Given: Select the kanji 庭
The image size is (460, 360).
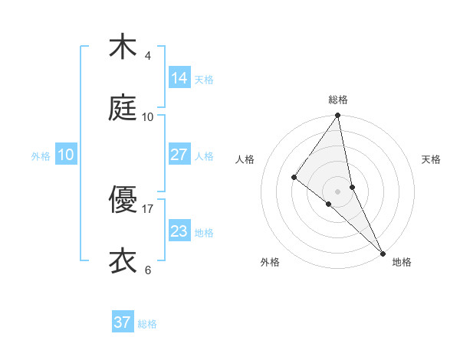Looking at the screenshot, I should pos(122,108).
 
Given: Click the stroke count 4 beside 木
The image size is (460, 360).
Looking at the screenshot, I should pos(147,55).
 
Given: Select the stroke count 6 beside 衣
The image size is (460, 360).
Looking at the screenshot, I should pos(147,270).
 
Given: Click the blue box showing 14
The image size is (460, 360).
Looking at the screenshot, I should pos(179,78).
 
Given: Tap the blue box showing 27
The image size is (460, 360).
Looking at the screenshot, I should pos(179,155).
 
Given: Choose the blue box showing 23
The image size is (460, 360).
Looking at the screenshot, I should pos(179,231).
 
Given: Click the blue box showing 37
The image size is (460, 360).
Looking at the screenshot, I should pos(122,322).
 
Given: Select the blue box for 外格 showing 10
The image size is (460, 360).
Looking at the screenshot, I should pos(65,155).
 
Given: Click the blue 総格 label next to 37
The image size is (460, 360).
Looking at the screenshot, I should pos(147,324).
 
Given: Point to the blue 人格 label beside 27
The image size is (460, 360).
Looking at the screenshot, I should pos(204,156).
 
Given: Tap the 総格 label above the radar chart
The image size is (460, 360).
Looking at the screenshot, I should pos(338,100).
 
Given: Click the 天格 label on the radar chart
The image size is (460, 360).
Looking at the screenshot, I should pos(431,159).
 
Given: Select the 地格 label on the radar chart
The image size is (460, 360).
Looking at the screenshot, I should pos(402,262).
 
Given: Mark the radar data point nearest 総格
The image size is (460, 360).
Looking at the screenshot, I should pos(338,116).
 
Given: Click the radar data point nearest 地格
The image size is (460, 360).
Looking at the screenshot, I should pos(383,252).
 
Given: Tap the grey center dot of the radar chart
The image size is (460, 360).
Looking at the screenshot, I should pos(338,191).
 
